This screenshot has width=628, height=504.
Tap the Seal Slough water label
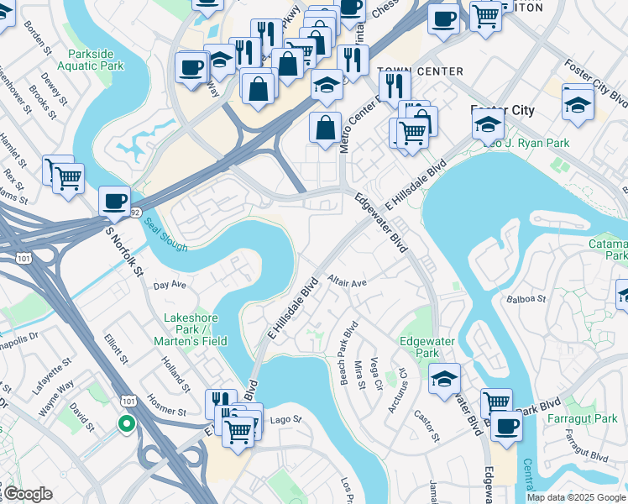pyautogui.click(x=164, y=234)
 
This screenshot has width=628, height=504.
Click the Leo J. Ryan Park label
pyautogui.click(x=526, y=143)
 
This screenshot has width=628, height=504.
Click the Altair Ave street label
pyautogui.click(x=348, y=281)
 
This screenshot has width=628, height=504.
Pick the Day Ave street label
pyautogui.click(x=170, y=286)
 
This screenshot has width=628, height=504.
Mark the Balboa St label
pyautogui.click(x=526, y=298)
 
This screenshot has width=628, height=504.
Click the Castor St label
pyautogui.click(x=427, y=425)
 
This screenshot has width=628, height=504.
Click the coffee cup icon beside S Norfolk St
pyautogui.click(x=114, y=202)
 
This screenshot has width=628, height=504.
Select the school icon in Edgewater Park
pyautogui.click(x=445, y=379)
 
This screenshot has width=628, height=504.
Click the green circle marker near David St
pyautogui.click(x=126, y=423)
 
